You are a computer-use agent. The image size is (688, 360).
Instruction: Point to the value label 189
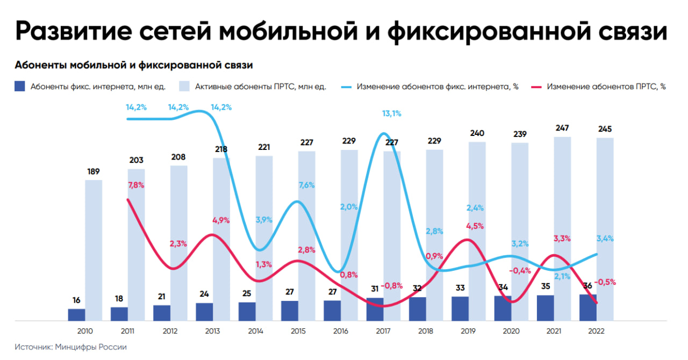coord(94,171)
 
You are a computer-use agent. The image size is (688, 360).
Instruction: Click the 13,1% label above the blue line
coord(391,113)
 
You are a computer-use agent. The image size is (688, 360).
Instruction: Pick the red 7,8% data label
coord(137,185)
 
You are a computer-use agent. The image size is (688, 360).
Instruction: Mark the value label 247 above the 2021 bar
coord(562,128)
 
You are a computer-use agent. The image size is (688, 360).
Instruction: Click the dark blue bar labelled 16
coord(76,315)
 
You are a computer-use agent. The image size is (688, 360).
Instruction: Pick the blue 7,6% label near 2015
coord(306,185)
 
